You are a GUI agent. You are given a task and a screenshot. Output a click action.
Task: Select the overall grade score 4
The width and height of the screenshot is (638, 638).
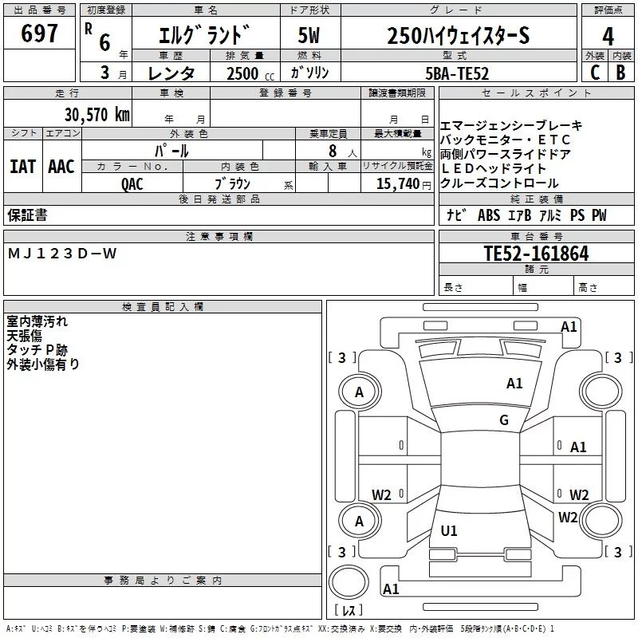[608, 37]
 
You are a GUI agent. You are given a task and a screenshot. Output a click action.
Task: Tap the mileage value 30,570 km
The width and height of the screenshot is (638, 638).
[96, 114]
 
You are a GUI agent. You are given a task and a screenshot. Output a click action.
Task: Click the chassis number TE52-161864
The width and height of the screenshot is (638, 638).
[536, 254]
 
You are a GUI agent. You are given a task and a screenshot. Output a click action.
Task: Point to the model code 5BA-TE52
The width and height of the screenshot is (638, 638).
[458, 73]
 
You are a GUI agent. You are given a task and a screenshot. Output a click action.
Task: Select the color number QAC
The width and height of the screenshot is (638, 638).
[132, 182]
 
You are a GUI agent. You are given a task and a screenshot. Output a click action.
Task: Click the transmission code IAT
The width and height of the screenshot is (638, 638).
[22, 167]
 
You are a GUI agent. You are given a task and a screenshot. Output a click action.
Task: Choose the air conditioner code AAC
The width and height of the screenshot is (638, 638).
[61, 167]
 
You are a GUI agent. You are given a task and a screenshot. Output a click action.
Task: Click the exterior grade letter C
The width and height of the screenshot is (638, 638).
[594, 73]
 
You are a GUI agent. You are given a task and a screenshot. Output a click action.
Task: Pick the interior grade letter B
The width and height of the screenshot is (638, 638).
[620, 73]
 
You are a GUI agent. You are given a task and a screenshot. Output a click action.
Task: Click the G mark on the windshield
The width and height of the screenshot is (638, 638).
[503, 420]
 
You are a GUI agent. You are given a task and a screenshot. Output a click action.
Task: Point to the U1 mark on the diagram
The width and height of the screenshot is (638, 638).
[449, 531]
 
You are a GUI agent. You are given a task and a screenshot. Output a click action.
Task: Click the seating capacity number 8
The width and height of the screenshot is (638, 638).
[330, 150]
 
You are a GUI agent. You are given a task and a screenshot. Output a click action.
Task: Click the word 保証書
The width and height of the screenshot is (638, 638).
[27, 215]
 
